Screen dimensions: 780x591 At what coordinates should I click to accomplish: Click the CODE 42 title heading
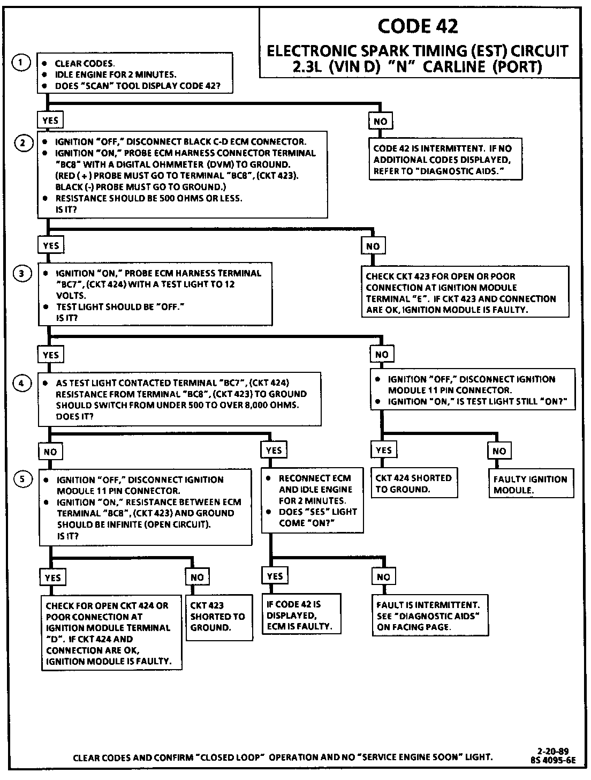[418, 26]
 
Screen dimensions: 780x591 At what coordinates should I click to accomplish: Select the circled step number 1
[20, 63]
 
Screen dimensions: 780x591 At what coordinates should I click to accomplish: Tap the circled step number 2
[22, 143]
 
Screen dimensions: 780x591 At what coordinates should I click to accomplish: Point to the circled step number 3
[22, 274]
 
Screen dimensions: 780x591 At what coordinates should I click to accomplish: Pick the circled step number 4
[22, 384]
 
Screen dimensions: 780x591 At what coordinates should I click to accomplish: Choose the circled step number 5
[22, 479]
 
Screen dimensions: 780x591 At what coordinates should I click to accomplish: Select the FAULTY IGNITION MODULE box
[529, 484]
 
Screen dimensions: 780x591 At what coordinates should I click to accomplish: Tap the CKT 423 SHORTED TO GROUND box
[218, 617]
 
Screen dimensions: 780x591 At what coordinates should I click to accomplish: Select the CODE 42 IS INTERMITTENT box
[445, 160]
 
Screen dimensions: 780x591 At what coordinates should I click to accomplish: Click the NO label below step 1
[381, 122]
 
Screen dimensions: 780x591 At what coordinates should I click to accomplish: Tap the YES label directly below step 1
[50, 121]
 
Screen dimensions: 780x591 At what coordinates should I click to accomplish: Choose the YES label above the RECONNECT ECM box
[274, 451]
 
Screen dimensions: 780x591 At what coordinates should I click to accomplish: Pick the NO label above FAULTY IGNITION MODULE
[499, 451]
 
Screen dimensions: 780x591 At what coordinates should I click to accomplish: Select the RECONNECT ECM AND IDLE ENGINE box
[312, 500]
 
